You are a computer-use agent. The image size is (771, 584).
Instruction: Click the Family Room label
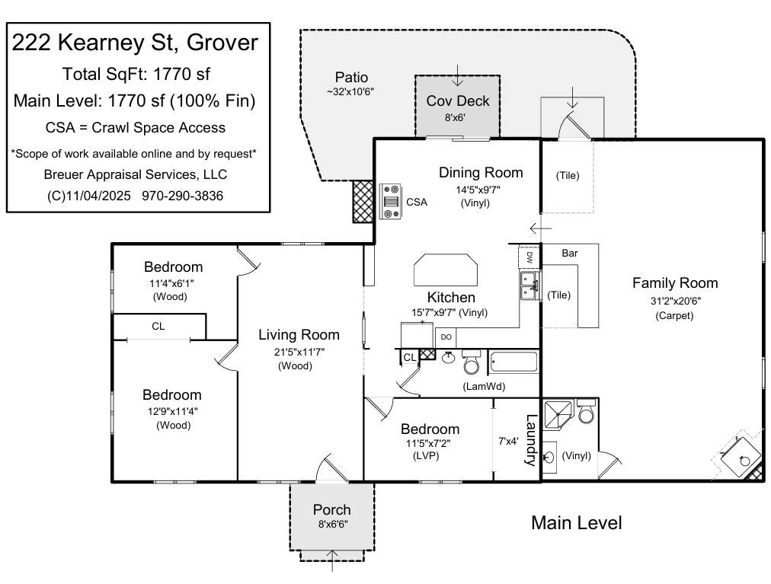click(x=675, y=283)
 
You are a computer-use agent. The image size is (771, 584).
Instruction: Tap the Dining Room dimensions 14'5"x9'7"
click(x=480, y=190)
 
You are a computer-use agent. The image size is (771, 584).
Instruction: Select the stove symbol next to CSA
click(x=392, y=202)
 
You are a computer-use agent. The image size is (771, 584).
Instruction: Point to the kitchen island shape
click(x=446, y=270)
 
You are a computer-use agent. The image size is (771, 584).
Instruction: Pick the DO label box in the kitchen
click(x=446, y=337)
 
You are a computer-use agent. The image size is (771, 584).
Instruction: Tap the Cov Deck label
click(x=457, y=101)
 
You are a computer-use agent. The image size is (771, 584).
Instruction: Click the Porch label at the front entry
click(x=332, y=509)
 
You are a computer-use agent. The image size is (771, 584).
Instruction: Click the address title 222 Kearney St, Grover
click(x=135, y=43)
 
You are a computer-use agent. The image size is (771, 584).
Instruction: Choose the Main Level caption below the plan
click(x=576, y=523)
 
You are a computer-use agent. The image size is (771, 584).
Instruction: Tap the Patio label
click(x=351, y=77)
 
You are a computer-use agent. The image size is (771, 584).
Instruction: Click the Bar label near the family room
click(x=570, y=253)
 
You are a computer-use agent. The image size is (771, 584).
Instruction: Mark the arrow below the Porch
click(x=332, y=563)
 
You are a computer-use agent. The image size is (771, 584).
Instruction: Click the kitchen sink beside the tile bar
click(x=528, y=286)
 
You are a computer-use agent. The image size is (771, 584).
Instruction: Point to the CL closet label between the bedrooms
click(x=158, y=327)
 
